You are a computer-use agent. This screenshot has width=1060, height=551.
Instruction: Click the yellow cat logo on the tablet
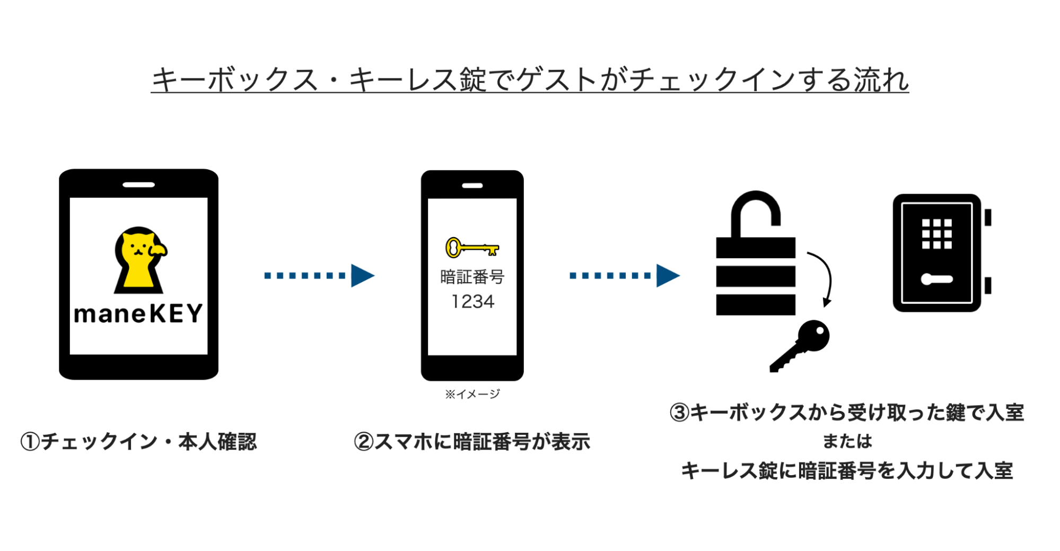(139, 260)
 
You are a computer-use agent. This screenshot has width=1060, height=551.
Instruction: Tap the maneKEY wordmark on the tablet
(138, 313)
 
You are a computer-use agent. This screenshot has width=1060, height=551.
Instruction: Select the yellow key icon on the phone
(472, 247)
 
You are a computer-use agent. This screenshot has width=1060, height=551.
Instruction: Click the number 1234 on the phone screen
(472, 302)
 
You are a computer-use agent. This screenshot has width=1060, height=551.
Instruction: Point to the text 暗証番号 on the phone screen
(472, 277)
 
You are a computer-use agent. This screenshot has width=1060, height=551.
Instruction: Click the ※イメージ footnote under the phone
(472, 394)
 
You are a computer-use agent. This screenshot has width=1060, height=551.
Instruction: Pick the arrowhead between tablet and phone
(363, 275)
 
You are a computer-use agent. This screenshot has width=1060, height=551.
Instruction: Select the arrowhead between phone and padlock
(668, 275)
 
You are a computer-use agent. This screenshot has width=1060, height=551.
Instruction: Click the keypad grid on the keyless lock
(936, 234)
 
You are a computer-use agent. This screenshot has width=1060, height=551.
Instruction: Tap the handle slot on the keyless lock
(936, 279)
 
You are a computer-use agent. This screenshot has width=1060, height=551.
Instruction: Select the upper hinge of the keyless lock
(988, 217)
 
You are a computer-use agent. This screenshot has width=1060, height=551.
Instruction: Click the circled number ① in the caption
(30, 442)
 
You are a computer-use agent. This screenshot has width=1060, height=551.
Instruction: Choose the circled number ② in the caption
(364, 442)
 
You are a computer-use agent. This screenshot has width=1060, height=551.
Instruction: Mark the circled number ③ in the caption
(679, 413)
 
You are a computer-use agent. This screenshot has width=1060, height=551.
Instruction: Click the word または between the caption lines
(847, 441)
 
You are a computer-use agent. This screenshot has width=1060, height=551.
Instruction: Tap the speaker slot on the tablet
(138, 185)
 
